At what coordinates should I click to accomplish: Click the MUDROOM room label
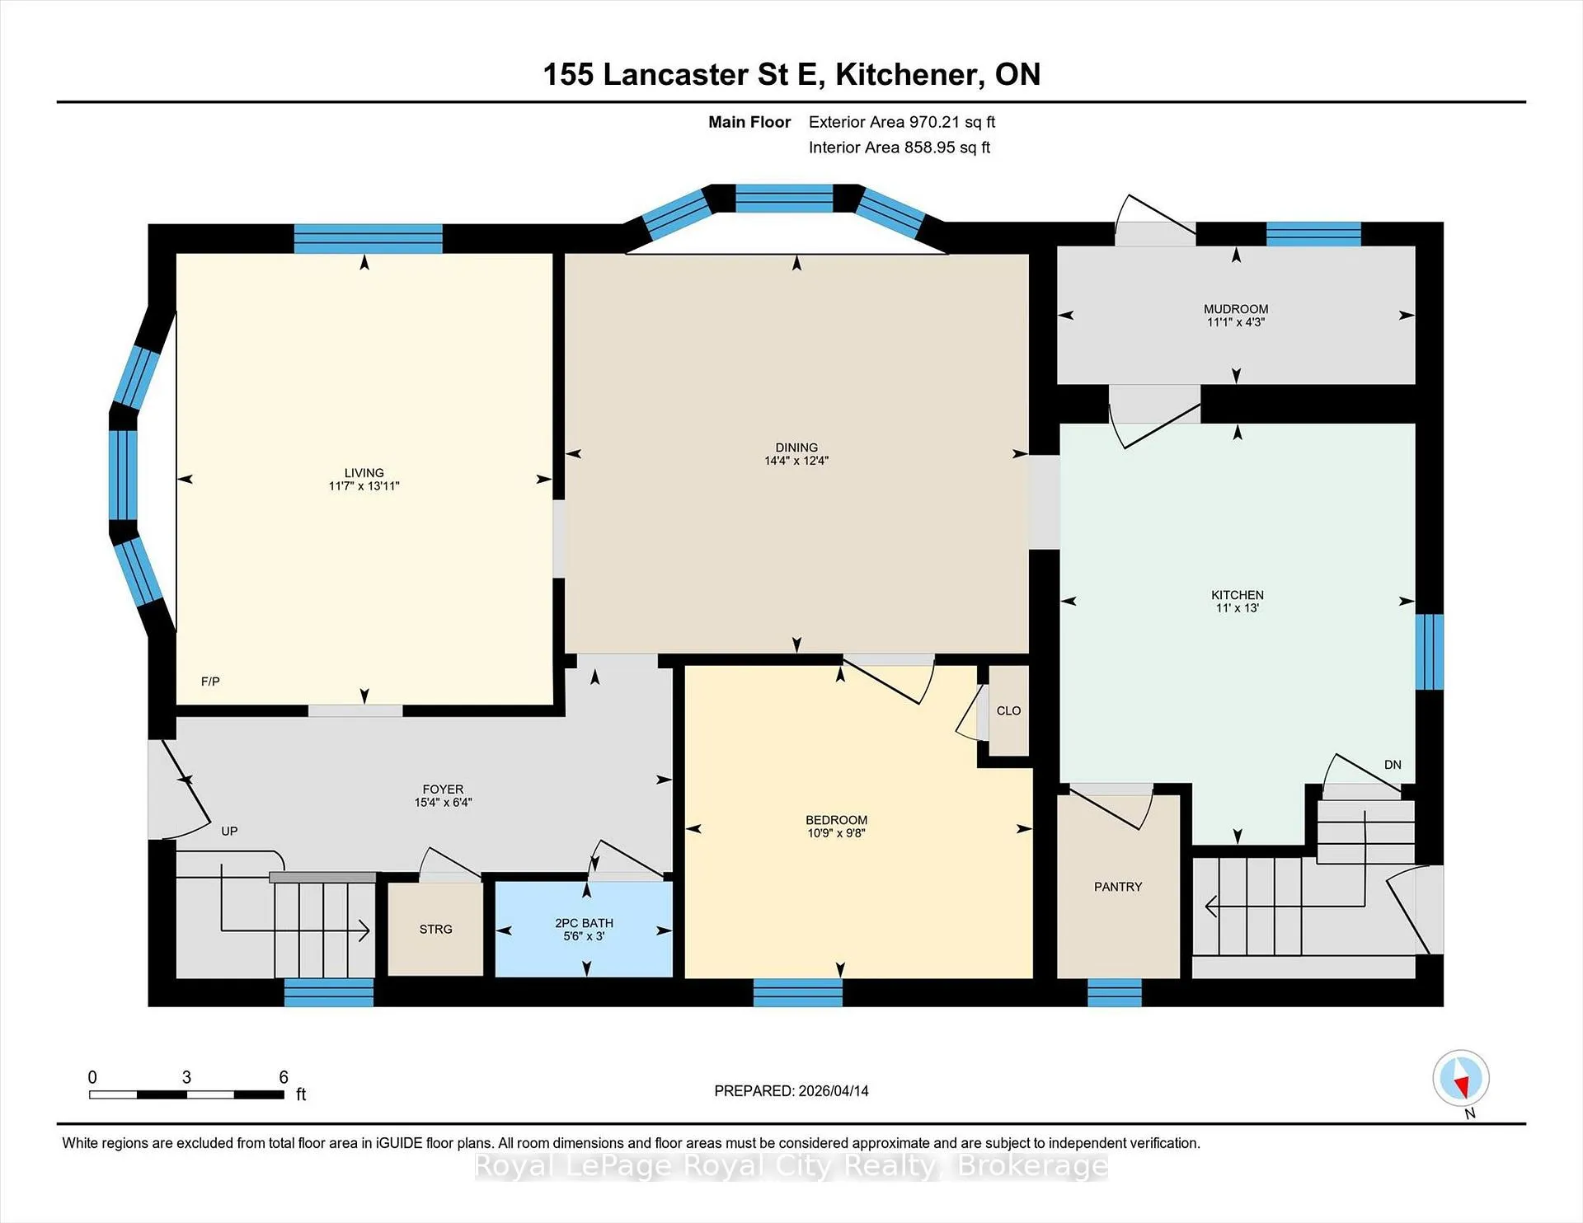[x=1236, y=309]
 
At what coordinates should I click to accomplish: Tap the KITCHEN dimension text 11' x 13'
[x=1238, y=608]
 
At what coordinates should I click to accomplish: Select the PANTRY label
[x=1118, y=887]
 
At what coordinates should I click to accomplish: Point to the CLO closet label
[x=1008, y=710]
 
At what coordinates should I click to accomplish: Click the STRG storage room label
[x=435, y=929]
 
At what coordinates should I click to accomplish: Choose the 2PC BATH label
[x=584, y=923]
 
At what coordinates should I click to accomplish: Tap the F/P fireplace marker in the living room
[x=210, y=682]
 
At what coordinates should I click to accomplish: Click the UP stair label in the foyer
[x=229, y=831]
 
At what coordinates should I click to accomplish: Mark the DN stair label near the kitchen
[x=1393, y=765]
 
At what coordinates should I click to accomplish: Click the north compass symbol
[x=1461, y=1078]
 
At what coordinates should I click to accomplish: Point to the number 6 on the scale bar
[x=284, y=1077]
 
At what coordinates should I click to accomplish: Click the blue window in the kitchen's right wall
[x=1430, y=651]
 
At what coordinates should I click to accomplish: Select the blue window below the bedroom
[x=798, y=992]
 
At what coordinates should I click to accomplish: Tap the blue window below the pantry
[x=1115, y=992]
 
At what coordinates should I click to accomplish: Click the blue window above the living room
[x=369, y=238]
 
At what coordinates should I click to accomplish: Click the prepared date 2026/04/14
[x=833, y=1090]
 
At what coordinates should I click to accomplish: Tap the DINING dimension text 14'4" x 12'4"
[x=796, y=461]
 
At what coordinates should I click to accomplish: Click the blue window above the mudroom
[x=1313, y=234]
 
